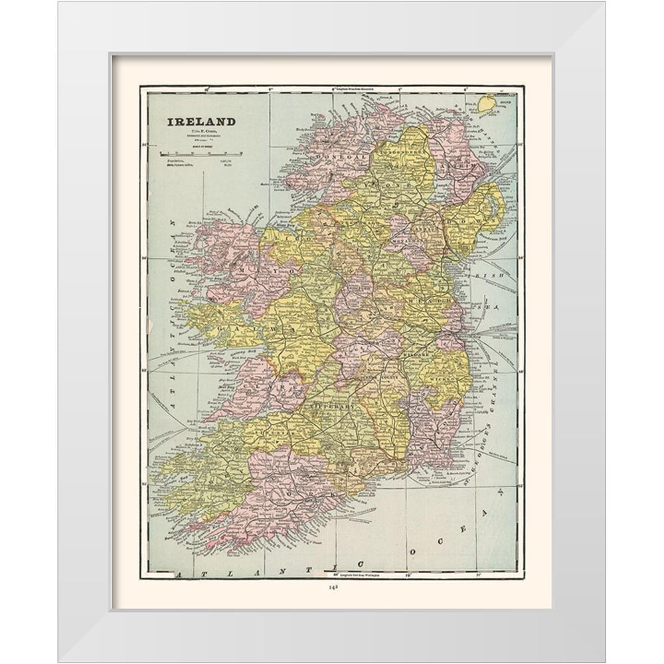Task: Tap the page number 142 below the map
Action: point(331,586)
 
